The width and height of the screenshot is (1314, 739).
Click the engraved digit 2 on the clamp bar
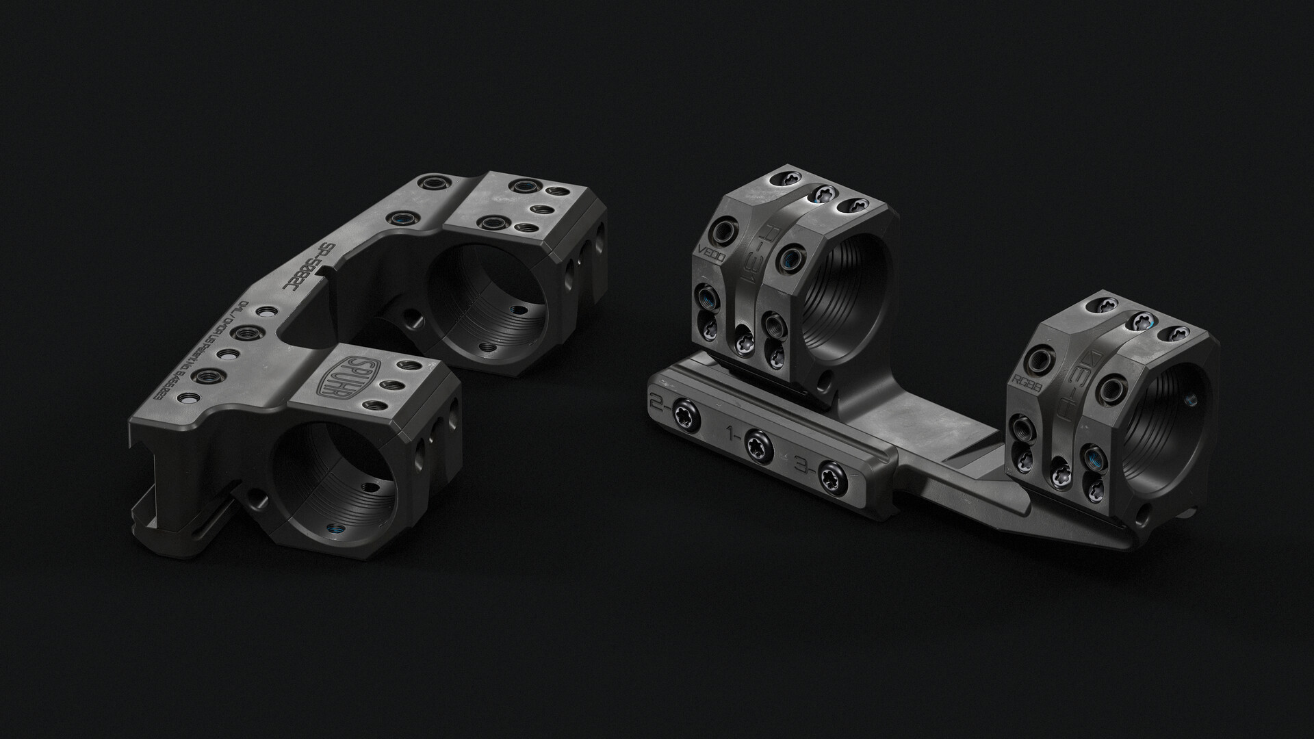tap(659, 404)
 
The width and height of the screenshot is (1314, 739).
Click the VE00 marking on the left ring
tap(710, 266)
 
